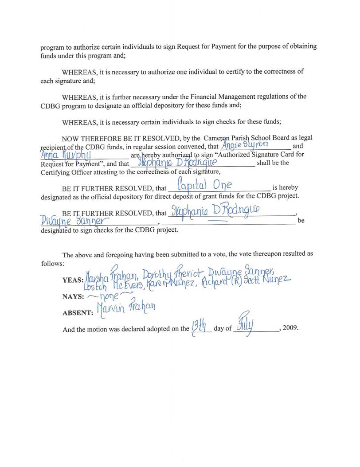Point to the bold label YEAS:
(73, 280)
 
